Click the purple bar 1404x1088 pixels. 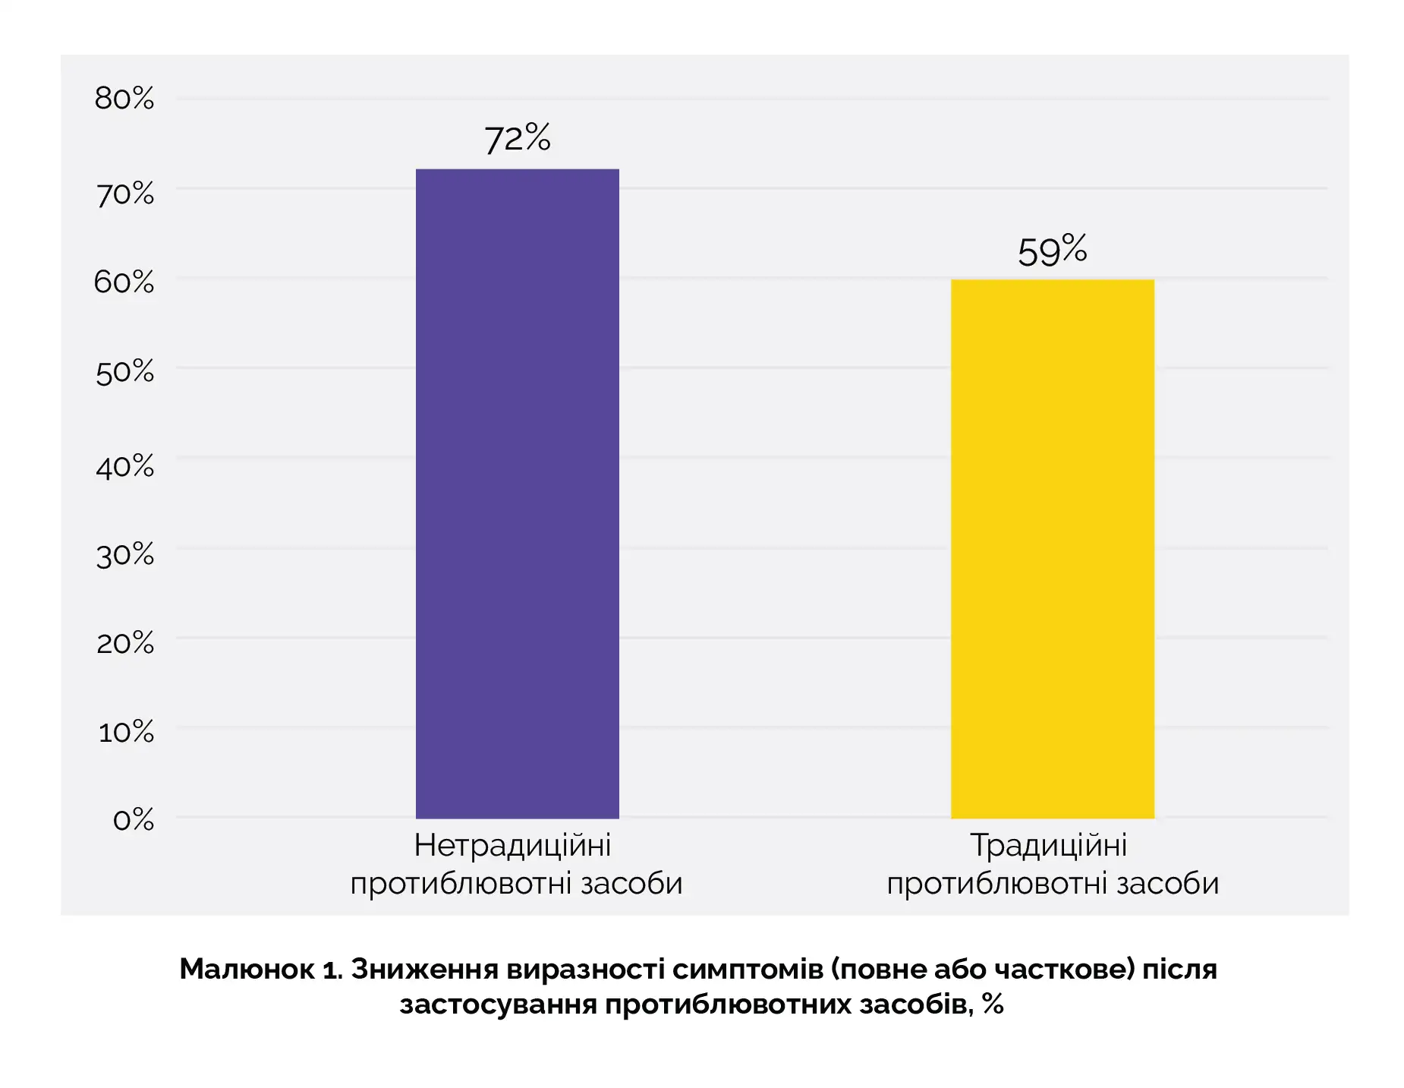[x=517, y=494]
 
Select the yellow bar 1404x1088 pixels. [x=1052, y=548]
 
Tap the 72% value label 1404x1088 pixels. [x=517, y=138]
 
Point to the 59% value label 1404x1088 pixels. [x=1052, y=251]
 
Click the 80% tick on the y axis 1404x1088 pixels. [x=124, y=99]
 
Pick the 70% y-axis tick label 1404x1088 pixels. [x=124, y=194]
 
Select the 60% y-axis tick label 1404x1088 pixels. [x=124, y=282]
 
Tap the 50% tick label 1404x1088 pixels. [x=124, y=373]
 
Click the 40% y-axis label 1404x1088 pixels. [x=124, y=466]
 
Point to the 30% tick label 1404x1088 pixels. [x=124, y=555]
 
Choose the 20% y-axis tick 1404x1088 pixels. [x=124, y=644]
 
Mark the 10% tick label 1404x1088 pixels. [x=126, y=733]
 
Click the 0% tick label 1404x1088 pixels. [x=133, y=820]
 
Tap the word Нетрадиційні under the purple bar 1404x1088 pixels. [x=513, y=845]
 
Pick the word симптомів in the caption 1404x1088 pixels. [x=748, y=970]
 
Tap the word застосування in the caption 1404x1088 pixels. [x=498, y=1004]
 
